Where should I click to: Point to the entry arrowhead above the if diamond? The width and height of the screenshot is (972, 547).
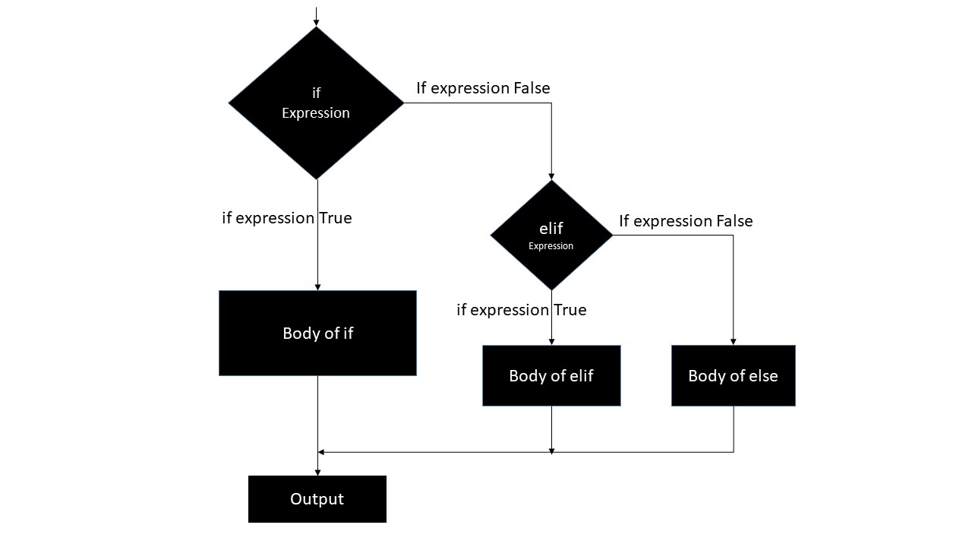316,22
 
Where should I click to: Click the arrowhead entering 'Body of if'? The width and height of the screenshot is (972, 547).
317,286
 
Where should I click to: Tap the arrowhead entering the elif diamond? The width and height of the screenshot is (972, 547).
551,175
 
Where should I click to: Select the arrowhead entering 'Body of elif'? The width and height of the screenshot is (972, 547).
551,341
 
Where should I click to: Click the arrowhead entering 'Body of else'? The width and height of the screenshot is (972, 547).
733,341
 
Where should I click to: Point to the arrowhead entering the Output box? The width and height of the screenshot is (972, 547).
317,472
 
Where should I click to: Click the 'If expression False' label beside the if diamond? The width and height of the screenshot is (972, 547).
483,88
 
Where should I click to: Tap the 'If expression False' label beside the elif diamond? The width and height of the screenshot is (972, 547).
686,221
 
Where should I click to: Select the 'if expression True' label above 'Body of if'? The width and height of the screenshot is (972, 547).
287,218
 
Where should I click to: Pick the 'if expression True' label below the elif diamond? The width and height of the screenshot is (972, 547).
522,310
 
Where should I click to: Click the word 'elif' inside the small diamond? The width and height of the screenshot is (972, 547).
551,229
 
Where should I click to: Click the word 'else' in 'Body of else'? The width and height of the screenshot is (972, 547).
761,376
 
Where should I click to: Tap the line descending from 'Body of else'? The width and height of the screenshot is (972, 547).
734,429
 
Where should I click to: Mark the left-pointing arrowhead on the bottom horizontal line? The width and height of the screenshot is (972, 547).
321,452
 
